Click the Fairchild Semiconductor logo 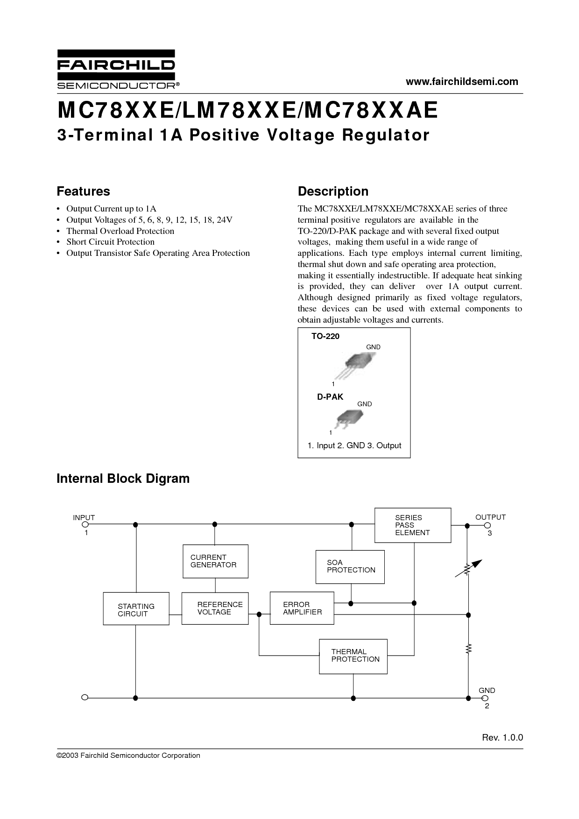pos(116,69)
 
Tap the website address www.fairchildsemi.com pos(462,82)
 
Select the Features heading pos(83,191)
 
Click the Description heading pos(333,191)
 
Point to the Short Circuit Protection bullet pos(110,242)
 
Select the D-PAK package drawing pos(350,417)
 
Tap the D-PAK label pos(330,396)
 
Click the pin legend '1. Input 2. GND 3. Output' pos(354,445)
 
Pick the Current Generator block pos(215,561)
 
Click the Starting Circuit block pos(136,608)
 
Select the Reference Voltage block pos(215,608)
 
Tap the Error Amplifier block pos(302,608)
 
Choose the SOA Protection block pos(350,566)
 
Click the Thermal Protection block pos(353,656)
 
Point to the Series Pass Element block pos(413,525)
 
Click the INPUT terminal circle pos(85,525)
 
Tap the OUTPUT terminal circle pos(485,525)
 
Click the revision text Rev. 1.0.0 pos(502,738)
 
